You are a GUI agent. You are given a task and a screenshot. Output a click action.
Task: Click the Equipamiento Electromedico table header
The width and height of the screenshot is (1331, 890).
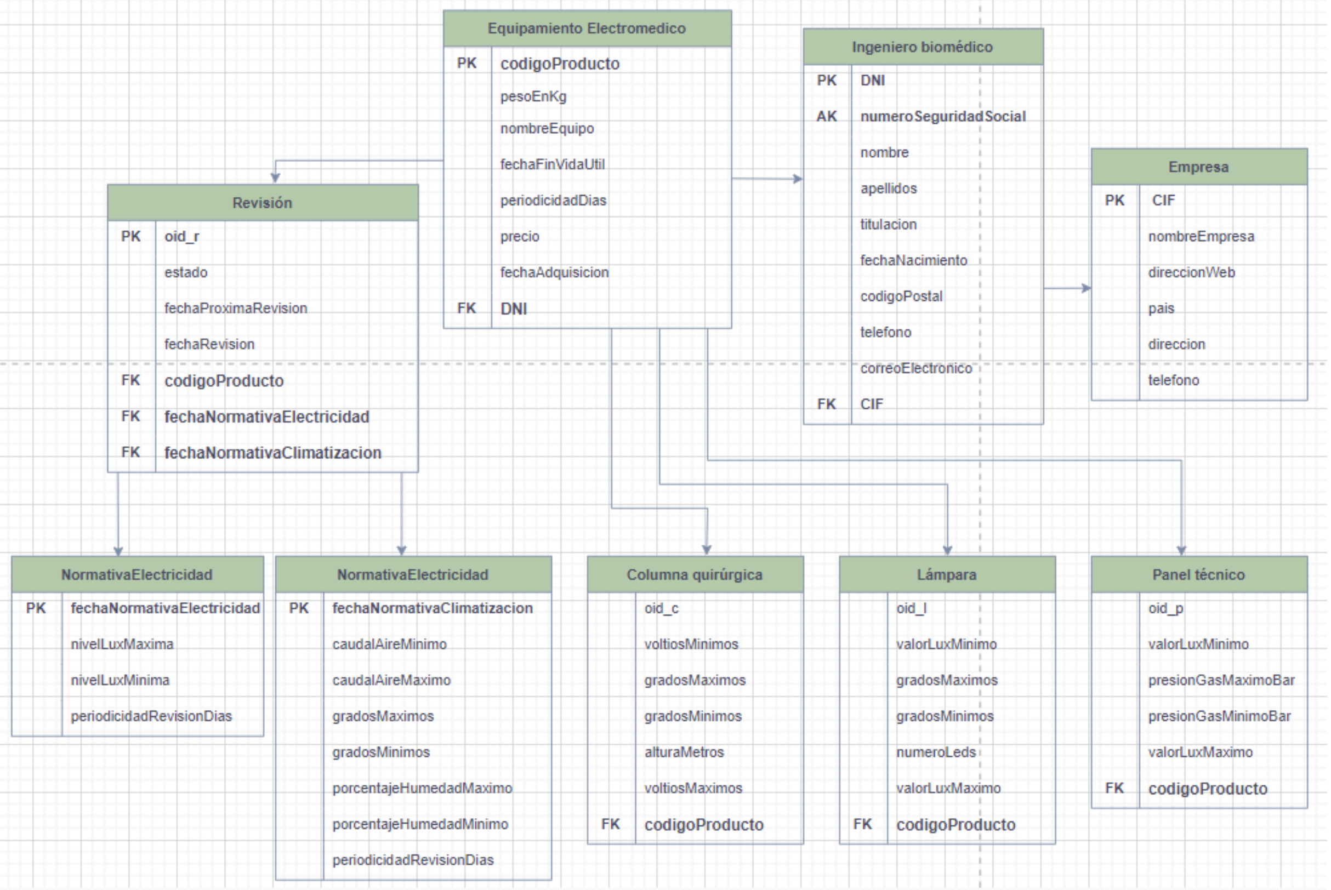[x=588, y=28]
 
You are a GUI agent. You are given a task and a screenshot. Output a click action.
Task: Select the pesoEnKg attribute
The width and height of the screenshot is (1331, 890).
[x=533, y=96]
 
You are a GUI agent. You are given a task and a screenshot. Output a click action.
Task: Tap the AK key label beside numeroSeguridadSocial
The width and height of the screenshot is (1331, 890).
[x=827, y=116]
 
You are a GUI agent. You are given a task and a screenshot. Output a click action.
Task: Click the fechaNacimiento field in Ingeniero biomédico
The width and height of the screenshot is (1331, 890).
[x=914, y=260]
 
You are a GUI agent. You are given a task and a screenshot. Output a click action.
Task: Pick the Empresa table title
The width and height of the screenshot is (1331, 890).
[x=1199, y=167]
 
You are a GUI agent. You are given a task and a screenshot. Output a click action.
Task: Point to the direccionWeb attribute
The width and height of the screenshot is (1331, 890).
[x=1192, y=272]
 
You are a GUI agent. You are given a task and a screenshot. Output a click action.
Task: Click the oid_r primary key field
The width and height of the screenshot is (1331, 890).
[x=181, y=237]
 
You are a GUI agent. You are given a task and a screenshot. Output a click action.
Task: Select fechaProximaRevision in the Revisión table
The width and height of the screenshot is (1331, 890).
[x=236, y=308]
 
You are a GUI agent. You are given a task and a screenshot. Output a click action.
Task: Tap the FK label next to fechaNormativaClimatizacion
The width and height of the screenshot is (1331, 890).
[x=130, y=452]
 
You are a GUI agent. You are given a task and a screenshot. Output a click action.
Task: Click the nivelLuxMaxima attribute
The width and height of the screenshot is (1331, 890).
[x=122, y=644]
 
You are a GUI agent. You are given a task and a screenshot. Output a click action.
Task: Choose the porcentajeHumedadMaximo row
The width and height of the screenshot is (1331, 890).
[x=422, y=789]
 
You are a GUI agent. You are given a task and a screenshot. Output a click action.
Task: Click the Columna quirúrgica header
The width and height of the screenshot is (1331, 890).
[x=695, y=574]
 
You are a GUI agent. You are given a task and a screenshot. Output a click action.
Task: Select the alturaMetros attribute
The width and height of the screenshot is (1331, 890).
[x=685, y=752]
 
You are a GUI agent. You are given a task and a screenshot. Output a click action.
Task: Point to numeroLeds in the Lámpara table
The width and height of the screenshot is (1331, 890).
[x=936, y=752]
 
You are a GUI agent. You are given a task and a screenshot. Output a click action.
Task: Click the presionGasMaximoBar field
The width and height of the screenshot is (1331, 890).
[x=1222, y=680]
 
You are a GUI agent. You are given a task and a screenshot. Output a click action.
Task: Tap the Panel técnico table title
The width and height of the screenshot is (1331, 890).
[x=1199, y=574]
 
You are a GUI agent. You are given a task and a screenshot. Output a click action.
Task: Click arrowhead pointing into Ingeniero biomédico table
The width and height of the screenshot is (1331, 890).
[x=798, y=179]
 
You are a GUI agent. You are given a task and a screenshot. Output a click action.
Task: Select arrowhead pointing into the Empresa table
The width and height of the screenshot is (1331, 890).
[x=1087, y=288]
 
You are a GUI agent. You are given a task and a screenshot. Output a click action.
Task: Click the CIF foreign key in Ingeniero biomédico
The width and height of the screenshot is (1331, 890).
[x=872, y=404]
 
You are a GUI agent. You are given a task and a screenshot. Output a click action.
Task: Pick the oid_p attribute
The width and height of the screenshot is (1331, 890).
[x=1166, y=608]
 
